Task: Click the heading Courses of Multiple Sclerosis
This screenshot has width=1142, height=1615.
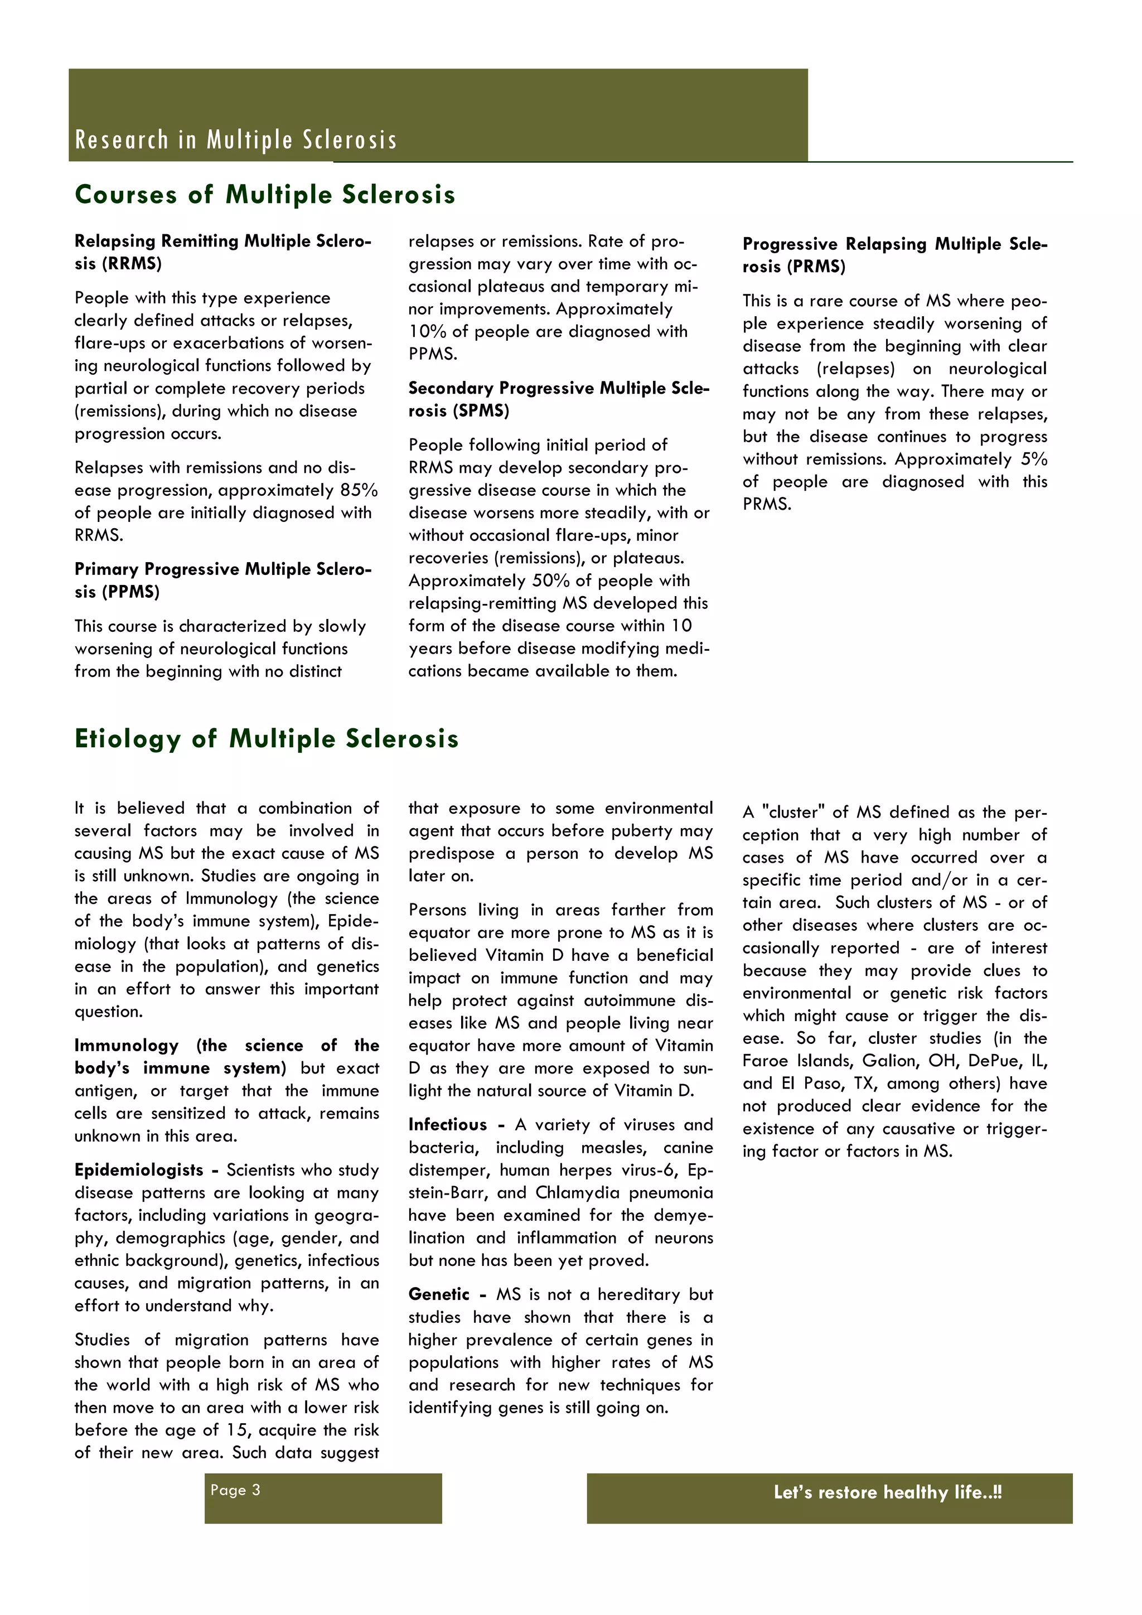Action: (x=264, y=195)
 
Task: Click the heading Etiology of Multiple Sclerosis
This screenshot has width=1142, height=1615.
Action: (x=267, y=738)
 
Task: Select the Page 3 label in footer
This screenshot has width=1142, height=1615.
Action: (x=235, y=1490)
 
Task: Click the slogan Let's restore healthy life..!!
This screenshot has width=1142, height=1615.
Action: (x=887, y=1492)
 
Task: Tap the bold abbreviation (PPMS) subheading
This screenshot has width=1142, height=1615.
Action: (x=118, y=592)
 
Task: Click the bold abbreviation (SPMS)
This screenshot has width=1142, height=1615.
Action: (x=458, y=411)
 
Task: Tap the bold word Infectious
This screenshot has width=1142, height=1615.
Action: (x=447, y=1125)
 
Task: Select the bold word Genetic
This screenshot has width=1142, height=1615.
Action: (x=439, y=1294)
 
